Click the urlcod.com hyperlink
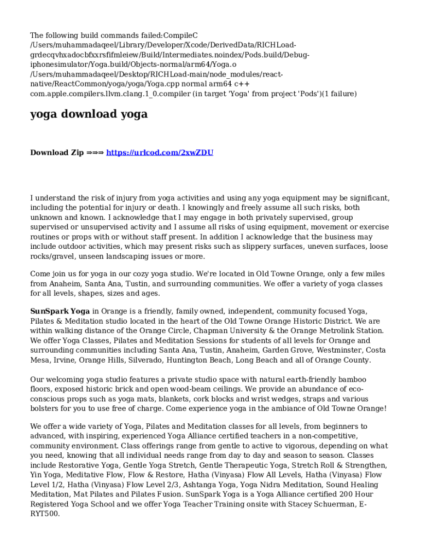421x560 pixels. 160,153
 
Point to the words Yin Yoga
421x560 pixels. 46,475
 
